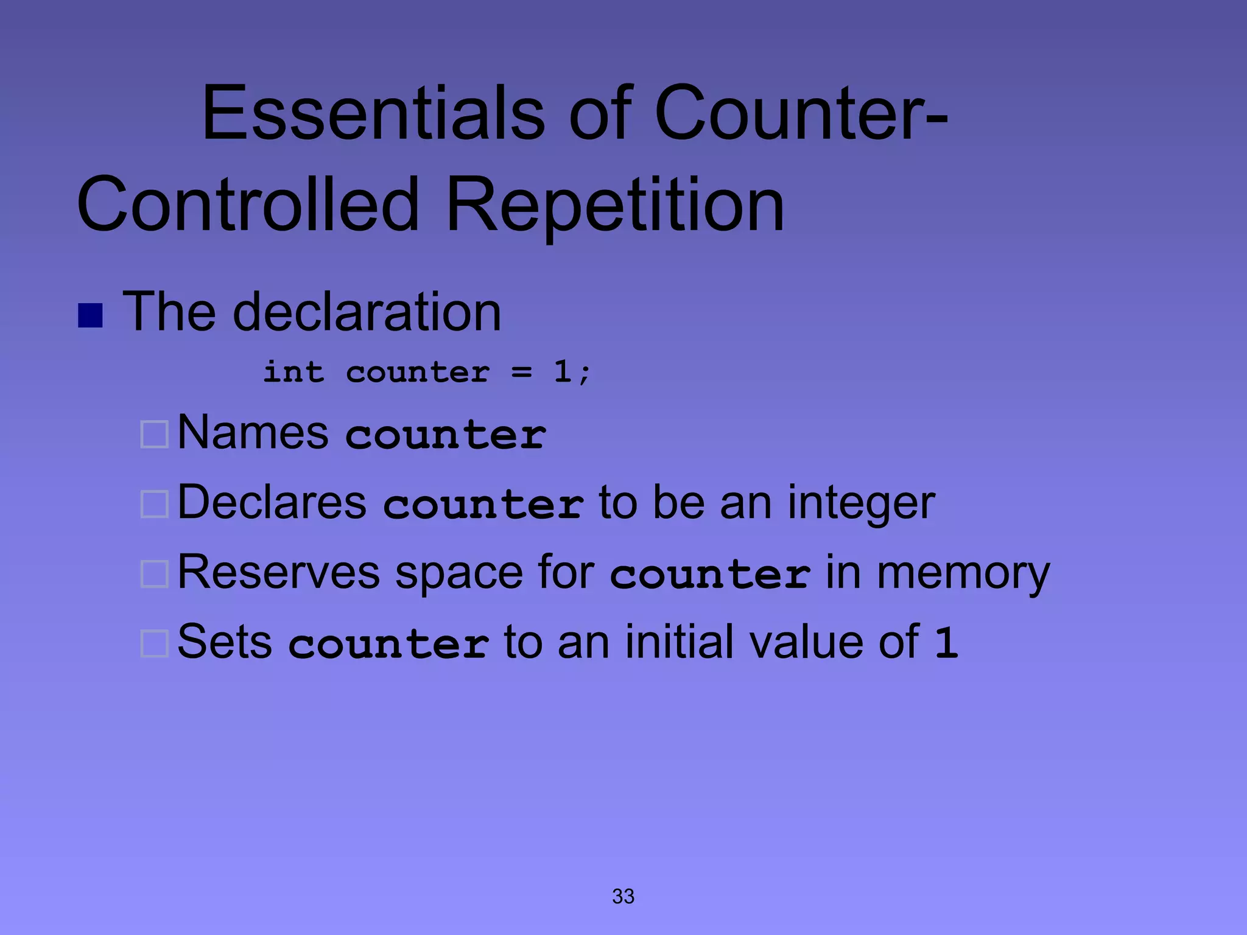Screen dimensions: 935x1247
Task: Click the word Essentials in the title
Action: click(373, 114)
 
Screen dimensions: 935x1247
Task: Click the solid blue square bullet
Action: click(90, 315)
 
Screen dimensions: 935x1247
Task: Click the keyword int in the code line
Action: click(293, 371)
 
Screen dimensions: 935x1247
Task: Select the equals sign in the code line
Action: click(522, 371)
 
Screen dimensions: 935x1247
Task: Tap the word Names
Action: click(253, 432)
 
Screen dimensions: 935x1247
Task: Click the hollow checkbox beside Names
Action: click(154, 435)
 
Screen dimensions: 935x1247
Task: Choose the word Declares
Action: click(272, 503)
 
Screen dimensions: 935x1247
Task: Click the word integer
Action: click(861, 504)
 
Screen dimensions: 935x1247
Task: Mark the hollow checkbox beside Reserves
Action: click(154, 573)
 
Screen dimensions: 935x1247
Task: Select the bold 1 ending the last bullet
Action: click(946, 643)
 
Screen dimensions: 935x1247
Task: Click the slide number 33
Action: click(623, 896)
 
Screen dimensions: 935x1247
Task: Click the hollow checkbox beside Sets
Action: click(154, 643)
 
